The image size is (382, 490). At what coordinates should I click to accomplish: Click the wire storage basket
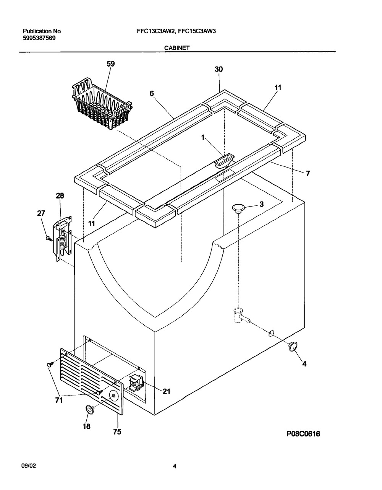102,104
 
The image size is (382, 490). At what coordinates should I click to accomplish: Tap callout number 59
110,64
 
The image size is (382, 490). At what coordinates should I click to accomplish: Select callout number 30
219,69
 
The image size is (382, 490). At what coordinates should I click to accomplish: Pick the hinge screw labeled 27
49,239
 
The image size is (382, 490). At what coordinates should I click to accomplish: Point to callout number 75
117,431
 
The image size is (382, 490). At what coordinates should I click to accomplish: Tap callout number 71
59,400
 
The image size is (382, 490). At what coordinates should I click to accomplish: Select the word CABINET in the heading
177,48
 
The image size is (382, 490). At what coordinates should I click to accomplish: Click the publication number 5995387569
39,38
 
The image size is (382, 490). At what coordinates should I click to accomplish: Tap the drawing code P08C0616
303,434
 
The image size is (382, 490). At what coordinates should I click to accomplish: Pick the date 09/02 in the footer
29,466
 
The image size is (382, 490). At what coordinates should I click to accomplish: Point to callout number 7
308,173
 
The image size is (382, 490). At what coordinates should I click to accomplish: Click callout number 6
152,93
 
